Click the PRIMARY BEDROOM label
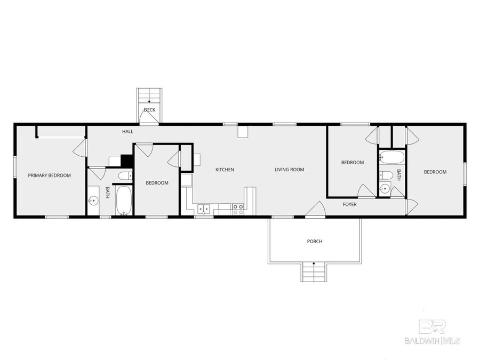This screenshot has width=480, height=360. tap(49, 175)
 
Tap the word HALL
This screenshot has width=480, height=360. tap(127, 131)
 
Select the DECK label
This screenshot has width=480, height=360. tap(149, 110)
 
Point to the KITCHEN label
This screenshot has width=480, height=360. tap(225, 170)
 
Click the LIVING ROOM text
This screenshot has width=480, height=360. tap(289, 170)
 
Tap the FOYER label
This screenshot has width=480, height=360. tap(349, 204)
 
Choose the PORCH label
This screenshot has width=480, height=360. tap(315, 241)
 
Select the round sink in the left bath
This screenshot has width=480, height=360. tap(93, 201)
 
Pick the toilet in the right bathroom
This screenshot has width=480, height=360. tap(388, 175)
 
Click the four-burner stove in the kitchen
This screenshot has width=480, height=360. tap(237, 210)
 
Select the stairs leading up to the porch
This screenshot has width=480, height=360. tap(314, 273)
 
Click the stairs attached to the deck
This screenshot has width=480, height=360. tap(149, 96)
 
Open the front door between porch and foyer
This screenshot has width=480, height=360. tap(315, 211)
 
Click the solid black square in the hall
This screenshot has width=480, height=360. tap(126, 161)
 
